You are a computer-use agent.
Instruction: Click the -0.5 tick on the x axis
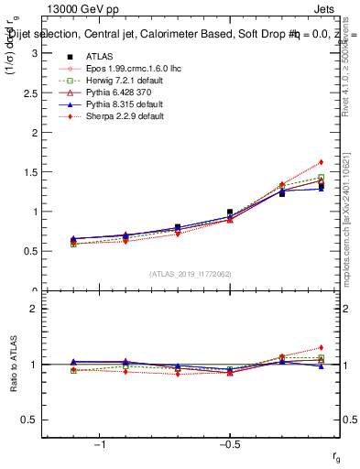pyautogui.click(x=229, y=444)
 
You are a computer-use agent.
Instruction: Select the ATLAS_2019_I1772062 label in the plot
pyautogui.click(x=191, y=273)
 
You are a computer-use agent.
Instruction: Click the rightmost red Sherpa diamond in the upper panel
pyautogui.click(x=321, y=162)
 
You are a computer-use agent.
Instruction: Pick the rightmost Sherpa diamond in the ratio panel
pyautogui.click(x=321, y=347)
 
